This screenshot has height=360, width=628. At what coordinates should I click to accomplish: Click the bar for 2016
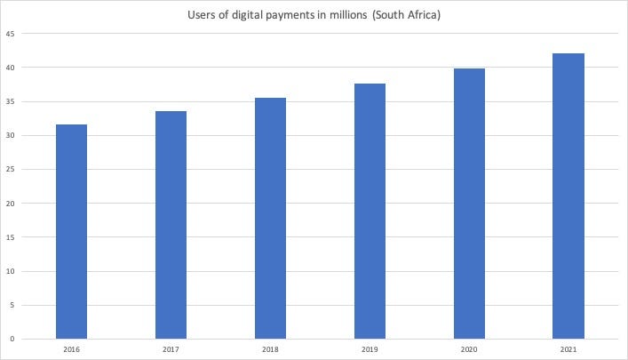coord(71,231)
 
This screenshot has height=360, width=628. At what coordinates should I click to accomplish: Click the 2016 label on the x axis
coord(71,350)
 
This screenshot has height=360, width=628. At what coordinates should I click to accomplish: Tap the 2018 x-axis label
coord(270,350)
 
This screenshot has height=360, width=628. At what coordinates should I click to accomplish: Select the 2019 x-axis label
coord(370,350)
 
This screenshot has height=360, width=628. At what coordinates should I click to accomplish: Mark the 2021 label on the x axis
coord(568,350)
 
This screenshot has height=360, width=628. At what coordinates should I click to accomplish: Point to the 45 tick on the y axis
coord(11,34)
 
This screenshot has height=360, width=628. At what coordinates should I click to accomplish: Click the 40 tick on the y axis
coord(11,68)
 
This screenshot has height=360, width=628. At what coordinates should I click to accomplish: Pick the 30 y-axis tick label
coord(11,135)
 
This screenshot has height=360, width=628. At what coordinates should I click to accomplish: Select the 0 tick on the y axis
coord(12,339)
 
